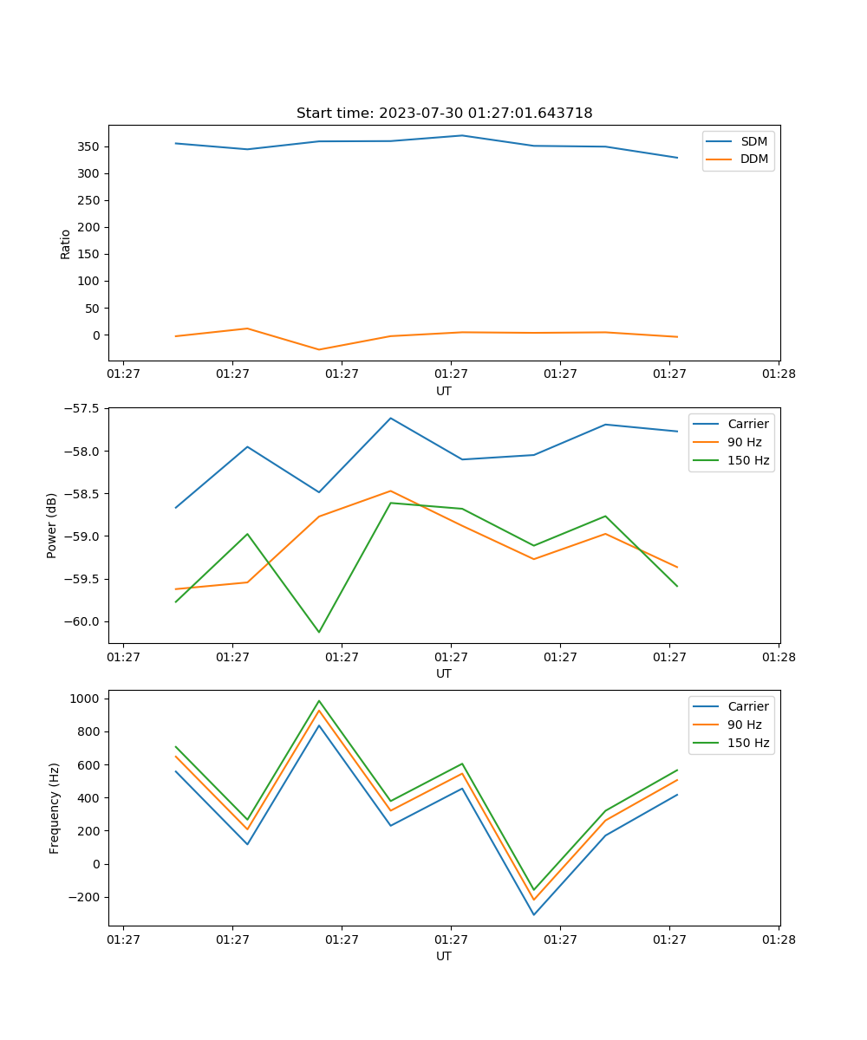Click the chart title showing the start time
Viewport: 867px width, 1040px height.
[x=444, y=114]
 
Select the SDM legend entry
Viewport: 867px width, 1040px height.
[x=753, y=140]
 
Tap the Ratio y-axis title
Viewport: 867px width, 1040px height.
[x=66, y=244]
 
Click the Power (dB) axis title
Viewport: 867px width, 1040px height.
[x=52, y=525]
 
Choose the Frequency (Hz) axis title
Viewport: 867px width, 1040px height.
[x=55, y=808]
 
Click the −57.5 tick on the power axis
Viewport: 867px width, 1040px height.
[x=83, y=408]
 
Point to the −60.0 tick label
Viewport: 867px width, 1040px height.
[x=83, y=621]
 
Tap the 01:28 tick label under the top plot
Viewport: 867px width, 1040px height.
[x=779, y=375]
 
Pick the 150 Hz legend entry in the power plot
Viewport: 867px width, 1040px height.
[x=748, y=460]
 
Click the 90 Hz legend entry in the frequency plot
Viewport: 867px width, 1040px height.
[x=744, y=725]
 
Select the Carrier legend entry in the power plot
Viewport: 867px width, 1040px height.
[x=747, y=424]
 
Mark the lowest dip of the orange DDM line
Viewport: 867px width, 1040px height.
[x=319, y=350]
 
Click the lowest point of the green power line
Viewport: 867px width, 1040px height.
[x=319, y=632]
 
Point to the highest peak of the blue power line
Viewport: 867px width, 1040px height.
[x=391, y=418]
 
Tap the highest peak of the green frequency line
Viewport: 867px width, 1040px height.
[x=319, y=701]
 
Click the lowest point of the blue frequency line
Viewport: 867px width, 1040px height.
[x=534, y=914]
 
